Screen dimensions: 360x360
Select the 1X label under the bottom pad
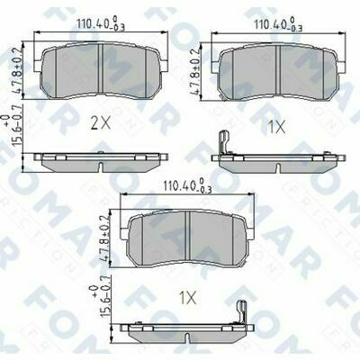coord(187,296)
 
